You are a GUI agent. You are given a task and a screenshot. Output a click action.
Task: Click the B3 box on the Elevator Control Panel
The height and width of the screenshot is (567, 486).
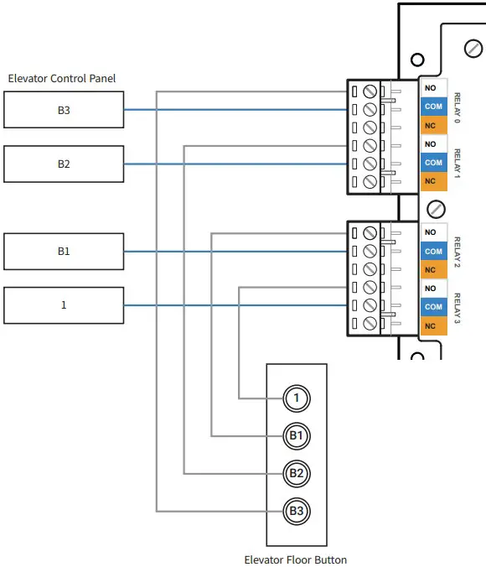(x=64, y=110)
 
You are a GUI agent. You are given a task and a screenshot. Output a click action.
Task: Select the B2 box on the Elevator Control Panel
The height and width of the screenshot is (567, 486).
(x=64, y=164)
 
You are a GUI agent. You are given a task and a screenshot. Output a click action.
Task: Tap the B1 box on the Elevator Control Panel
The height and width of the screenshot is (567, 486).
(x=64, y=252)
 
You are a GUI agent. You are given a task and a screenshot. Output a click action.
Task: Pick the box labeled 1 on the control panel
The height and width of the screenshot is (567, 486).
(x=64, y=305)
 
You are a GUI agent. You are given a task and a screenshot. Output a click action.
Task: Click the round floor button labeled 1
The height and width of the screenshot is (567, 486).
(x=296, y=398)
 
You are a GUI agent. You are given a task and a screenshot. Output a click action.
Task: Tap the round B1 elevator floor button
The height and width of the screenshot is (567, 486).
(x=296, y=435)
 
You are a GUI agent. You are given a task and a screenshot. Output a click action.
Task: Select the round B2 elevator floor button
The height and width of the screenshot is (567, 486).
(x=296, y=473)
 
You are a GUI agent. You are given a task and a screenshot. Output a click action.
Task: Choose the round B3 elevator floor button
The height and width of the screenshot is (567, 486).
(x=296, y=510)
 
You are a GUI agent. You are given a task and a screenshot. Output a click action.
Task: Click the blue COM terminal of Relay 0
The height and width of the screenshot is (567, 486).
(x=432, y=107)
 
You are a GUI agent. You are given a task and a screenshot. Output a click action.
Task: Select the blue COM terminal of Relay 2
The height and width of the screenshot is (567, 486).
(x=432, y=251)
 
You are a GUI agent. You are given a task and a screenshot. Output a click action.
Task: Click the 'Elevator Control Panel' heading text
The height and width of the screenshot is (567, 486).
(x=62, y=78)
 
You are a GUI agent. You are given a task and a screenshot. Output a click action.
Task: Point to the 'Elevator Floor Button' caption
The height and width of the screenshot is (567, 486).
(x=295, y=559)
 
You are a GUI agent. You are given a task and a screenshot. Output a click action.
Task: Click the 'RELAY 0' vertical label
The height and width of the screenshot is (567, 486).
(x=458, y=107)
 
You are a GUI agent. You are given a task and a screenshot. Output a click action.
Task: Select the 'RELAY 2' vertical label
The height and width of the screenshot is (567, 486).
(x=458, y=252)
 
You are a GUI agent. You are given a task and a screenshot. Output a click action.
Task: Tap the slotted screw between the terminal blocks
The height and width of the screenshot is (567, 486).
(x=436, y=208)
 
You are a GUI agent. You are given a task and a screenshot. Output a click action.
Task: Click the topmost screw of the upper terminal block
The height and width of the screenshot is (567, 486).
(x=368, y=91)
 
